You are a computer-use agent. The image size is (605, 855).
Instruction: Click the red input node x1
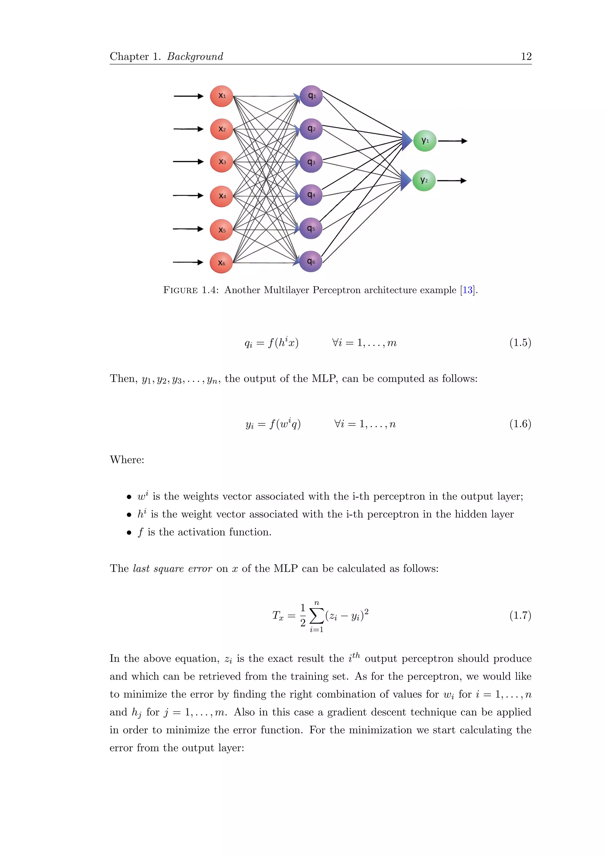click(x=221, y=96)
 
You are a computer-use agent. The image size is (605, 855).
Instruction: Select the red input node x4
click(x=221, y=196)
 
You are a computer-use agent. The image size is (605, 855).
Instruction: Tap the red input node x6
click(x=221, y=262)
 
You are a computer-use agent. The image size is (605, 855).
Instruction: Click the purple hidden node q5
click(x=311, y=228)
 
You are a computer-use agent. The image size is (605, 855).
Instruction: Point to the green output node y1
click(x=425, y=141)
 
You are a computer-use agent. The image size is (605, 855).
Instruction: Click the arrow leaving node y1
click(x=452, y=141)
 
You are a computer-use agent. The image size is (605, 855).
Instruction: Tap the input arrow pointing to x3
click(x=188, y=161)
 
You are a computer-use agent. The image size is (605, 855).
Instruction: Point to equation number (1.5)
click(x=520, y=342)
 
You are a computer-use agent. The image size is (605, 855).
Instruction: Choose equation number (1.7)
click(x=520, y=615)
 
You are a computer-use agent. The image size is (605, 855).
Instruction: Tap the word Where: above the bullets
click(x=127, y=460)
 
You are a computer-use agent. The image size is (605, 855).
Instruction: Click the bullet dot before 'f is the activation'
click(x=129, y=533)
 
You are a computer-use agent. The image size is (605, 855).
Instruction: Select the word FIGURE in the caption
click(x=180, y=290)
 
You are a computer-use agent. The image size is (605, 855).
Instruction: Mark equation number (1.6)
click(x=520, y=424)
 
